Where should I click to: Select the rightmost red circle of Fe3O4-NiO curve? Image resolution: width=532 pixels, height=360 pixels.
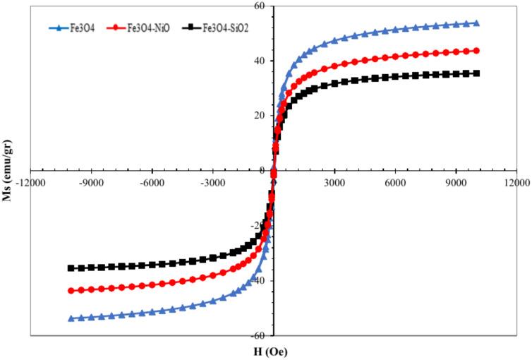click(x=476, y=51)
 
